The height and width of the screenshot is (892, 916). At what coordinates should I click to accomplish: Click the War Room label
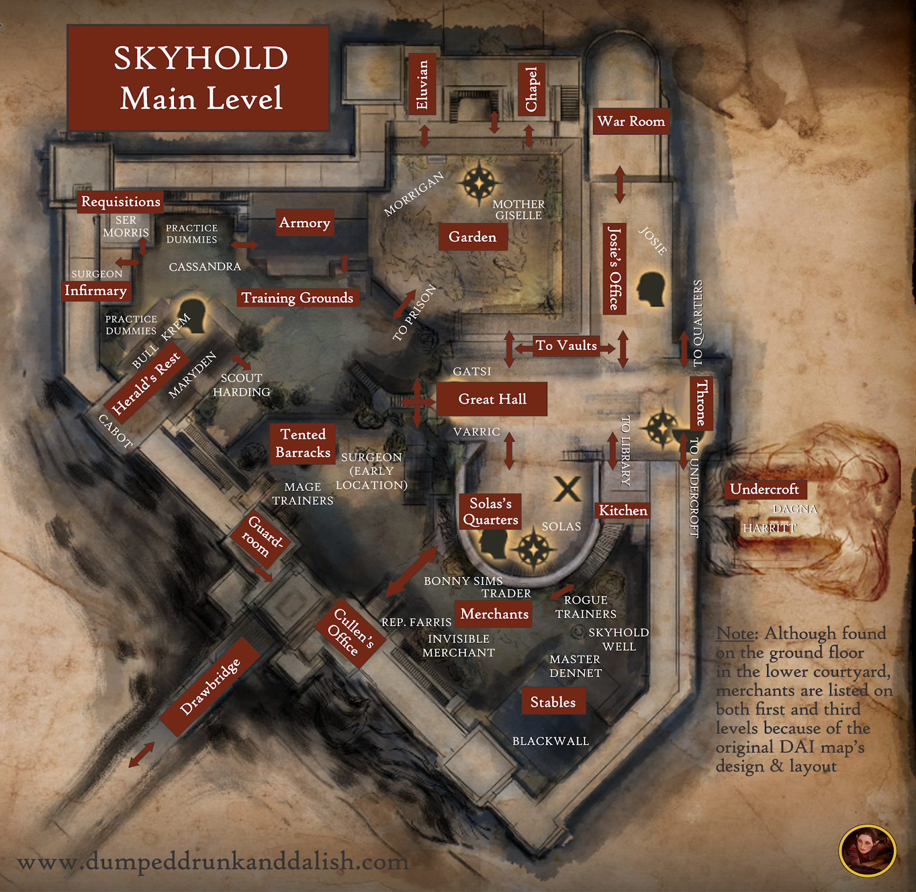(631, 121)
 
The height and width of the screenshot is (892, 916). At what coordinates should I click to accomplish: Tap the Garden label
(472, 237)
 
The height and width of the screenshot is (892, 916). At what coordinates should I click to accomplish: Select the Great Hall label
(492, 399)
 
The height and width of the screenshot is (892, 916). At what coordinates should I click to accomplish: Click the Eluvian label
(422, 84)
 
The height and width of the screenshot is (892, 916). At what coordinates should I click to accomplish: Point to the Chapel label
(531, 89)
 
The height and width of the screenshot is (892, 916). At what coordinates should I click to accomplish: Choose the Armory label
(305, 223)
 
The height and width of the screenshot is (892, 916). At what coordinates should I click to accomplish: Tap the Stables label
(553, 702)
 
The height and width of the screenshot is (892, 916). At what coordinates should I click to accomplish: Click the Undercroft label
(764, 489)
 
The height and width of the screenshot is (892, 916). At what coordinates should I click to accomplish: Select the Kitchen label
(623, 510)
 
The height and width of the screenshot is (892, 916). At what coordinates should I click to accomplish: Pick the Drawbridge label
(210, 687)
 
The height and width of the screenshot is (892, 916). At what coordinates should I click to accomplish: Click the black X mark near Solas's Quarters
(567, 489)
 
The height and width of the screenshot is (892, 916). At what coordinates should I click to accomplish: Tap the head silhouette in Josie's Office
(652, 289)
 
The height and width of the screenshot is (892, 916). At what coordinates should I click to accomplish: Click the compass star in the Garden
(479, 183)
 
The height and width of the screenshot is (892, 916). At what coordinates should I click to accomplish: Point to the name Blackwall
(550, 741)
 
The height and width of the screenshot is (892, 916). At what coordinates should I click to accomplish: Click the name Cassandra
(205, 267)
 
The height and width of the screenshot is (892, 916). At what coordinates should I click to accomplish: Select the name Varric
(476, 432)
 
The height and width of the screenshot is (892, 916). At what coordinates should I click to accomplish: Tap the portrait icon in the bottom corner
(867, 850)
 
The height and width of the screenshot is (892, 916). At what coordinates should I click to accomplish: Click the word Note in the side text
(736, 634)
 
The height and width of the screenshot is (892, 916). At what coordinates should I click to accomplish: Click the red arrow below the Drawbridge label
(141, 754)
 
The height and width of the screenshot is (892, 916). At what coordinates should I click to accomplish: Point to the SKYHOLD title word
(200, 58)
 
